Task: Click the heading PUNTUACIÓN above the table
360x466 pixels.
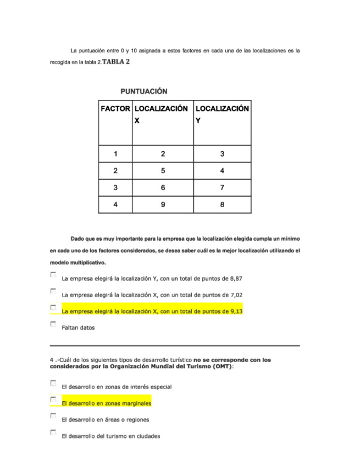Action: tap(143, 91)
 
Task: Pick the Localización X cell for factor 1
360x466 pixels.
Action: tap(163, 154)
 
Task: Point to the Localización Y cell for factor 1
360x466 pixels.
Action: tap(222, 154)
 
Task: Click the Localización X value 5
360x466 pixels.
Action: tap(163, 171)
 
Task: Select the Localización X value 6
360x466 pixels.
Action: tap(163, 188)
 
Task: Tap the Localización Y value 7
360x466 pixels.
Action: tap(222, 188)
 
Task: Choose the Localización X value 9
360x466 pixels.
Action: tap(163, 205)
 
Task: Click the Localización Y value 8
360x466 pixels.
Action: tap(222, 205)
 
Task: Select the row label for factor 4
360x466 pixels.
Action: tap(115, 205)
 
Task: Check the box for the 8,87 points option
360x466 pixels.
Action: tap(53, 274)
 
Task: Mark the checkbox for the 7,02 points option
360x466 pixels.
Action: tap(53, 291)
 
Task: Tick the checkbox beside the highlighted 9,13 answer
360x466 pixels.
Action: tap(53, 308)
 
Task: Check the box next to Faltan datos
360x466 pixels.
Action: tap(53, 324)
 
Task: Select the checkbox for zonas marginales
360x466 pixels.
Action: tap(53, 400)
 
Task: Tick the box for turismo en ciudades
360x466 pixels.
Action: tap(53, 432)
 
